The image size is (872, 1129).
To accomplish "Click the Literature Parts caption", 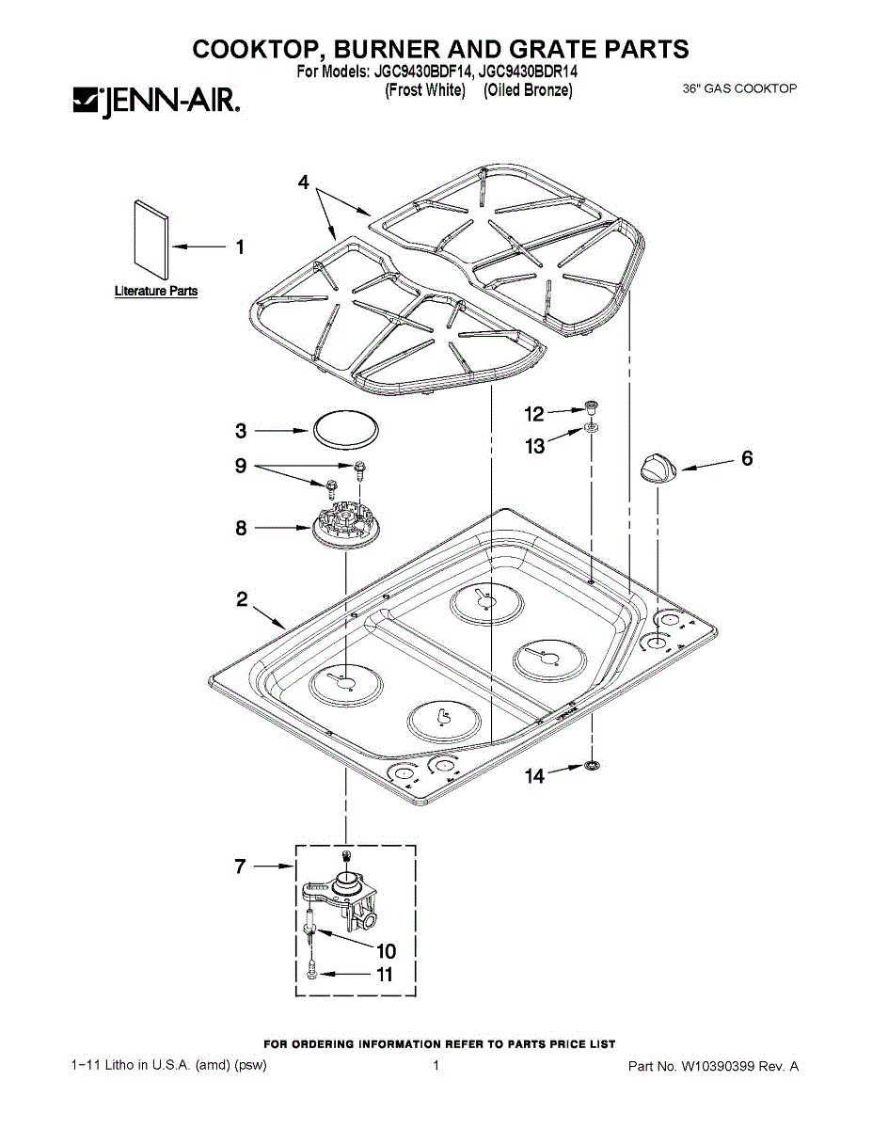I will click(x=156, y=292).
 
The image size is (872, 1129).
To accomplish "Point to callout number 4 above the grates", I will click(x=303, y=183).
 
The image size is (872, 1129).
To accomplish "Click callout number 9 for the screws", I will click(x=241, y=466).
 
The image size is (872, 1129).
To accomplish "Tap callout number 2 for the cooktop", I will click(x=242, y=599).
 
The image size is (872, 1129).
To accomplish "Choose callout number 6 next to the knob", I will click(x=747, y=459).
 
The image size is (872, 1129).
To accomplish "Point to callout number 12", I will click(x=534, y=413).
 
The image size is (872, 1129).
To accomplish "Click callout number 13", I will click(x=535, y=446).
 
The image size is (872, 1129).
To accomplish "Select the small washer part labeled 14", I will click(x=592, y=766).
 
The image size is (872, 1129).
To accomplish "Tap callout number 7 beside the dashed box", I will click(x=241, y=867).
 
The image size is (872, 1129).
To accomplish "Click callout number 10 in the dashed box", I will click(x=386, y=950).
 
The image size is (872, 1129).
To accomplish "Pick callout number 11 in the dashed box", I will click(x=384, y=975).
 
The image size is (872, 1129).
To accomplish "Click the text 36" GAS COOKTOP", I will click(x=739, y=89).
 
